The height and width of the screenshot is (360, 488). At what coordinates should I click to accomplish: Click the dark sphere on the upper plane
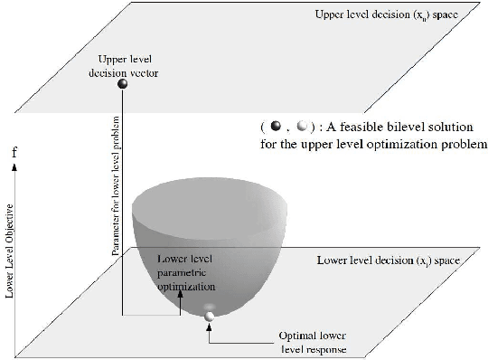click(x=123, y=85)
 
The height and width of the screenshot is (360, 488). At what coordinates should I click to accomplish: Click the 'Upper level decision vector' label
click(x=124, y=64)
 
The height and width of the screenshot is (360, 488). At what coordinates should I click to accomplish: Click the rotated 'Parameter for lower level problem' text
click(x=116, y=191)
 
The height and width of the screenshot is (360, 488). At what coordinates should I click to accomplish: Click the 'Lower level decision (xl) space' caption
click(x=389, y=261)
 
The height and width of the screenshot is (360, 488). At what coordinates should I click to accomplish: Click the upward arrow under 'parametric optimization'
click(x=180, y=300)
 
